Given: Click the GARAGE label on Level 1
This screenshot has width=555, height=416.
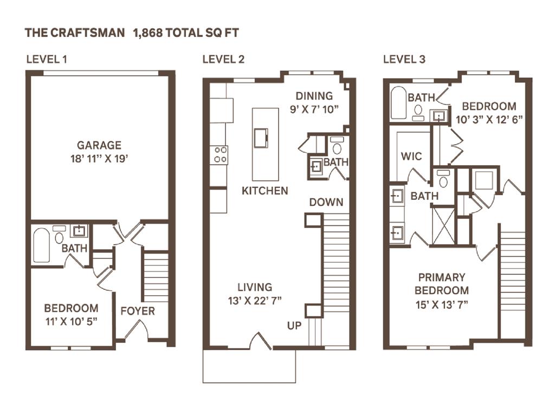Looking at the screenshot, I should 99,145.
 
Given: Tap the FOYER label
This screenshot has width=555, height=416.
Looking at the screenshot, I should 137,311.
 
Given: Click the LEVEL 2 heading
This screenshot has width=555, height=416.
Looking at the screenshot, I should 223,59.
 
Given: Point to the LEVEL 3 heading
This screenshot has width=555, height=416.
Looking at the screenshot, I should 404,59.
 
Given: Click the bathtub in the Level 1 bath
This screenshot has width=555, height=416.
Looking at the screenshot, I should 42,245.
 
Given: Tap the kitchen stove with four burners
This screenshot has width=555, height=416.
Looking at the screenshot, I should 220,154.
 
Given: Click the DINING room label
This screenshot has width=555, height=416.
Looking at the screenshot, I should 314,96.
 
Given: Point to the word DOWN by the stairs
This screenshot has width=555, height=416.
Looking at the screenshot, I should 326,202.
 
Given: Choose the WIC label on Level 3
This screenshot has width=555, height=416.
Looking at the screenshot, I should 411,157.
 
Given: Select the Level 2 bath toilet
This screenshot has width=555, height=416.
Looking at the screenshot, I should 337,146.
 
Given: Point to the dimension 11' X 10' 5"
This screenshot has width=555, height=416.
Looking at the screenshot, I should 71,320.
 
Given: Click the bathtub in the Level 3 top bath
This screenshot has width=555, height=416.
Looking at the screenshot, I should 399,102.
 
